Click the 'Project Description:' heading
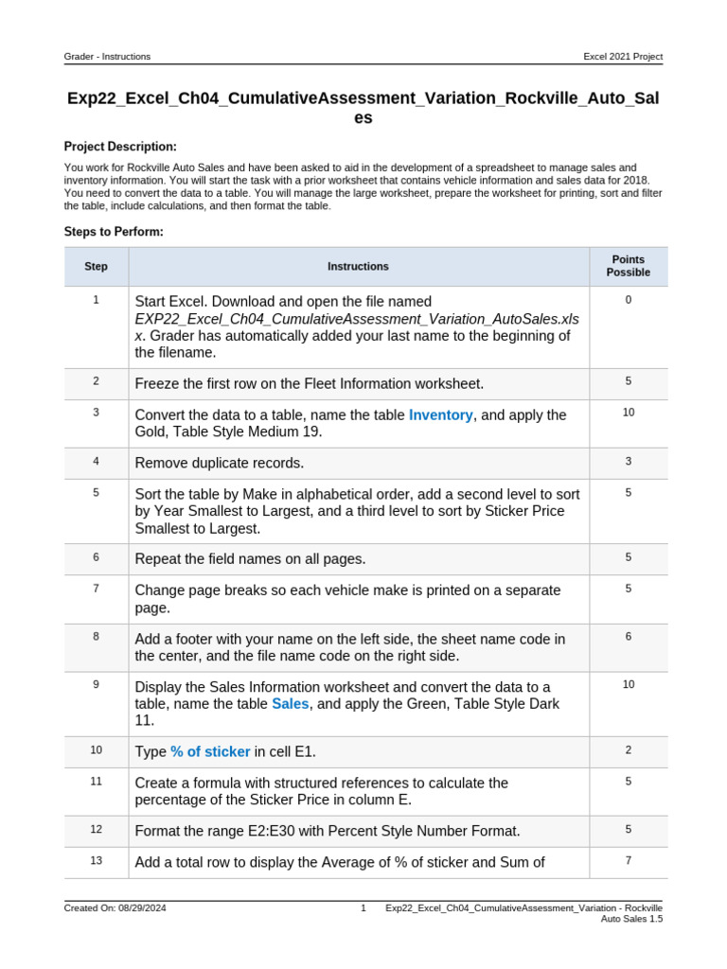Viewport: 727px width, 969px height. click(120, 147)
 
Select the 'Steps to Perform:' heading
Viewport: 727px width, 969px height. click(114, 231)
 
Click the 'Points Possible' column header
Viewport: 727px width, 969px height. click(628, 266)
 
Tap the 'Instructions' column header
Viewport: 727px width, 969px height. click(358, 267)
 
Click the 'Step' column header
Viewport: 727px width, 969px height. click(96, 267)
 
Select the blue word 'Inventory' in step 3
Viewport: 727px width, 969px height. click(440, 415)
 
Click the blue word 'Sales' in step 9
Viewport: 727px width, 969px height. click(290, 704)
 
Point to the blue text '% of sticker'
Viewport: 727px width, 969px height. click(210, 752)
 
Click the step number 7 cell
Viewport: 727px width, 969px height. click(96, 589)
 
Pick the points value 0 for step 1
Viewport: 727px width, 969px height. click(628, 300)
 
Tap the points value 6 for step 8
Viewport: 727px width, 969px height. click(628, 637)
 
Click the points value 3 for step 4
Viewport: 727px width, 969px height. click(628, 462)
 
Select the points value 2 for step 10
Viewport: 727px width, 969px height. click(628, 750)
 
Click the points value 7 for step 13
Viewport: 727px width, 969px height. click(628, 860)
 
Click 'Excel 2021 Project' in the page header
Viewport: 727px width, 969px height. click(623, 57)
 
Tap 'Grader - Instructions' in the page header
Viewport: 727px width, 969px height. click(107, 57)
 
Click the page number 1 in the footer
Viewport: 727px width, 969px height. click(363, 908)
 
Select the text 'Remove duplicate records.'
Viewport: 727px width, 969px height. click(220, 464)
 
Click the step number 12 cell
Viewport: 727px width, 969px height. click(96, 829)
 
